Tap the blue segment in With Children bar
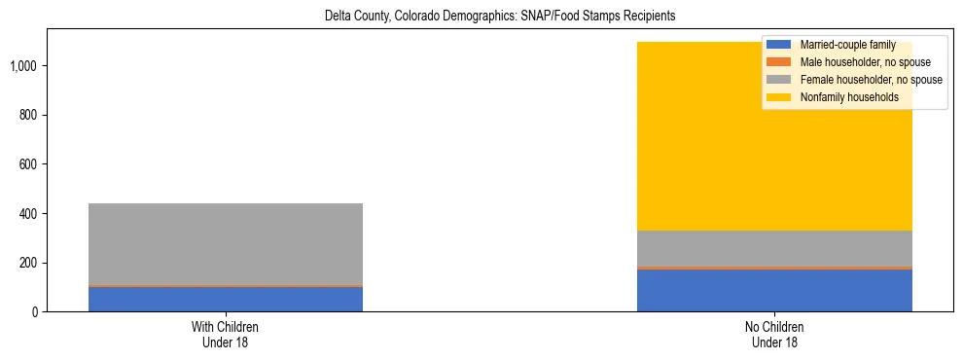point(226,299)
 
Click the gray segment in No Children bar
point(774,248)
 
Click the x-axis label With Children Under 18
point(226,334)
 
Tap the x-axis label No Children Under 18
point(774,334)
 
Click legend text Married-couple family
point(847,46)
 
